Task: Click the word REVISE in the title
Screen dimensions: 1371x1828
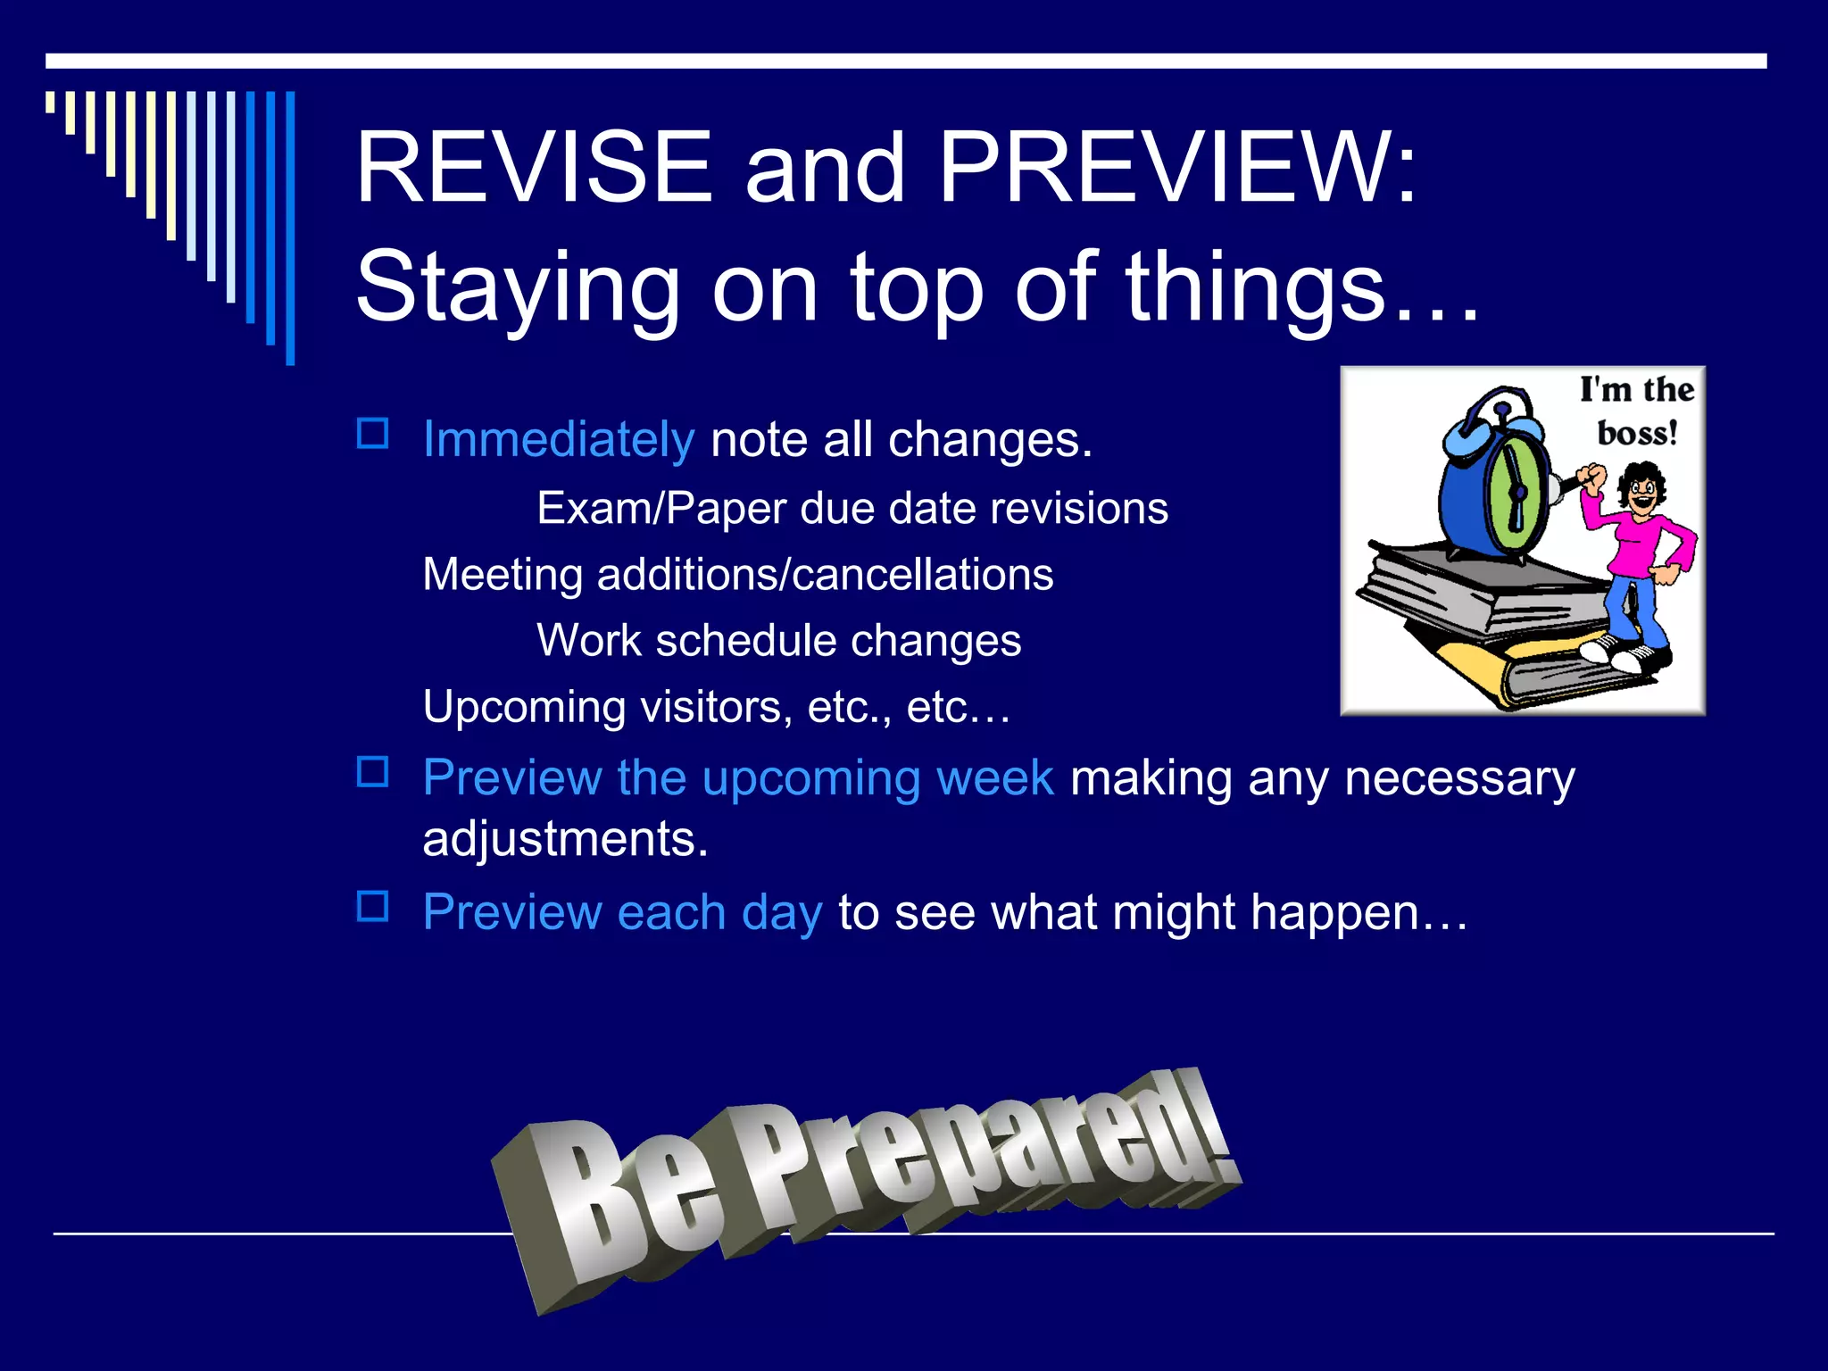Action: click(x=533, y=168)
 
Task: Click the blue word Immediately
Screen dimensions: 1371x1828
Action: click(x=558, y=440)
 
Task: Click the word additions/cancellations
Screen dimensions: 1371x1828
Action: click(x=825, y=575)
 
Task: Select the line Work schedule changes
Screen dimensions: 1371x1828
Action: click(x=778, y=641)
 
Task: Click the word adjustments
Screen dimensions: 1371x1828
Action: click(x=565, y=839)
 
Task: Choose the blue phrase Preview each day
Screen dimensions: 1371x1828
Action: click(x=622, y=913)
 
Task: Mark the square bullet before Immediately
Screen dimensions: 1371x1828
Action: click(x=372, y=435)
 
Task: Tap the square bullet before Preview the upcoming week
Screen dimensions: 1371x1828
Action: click(x=372, y=773)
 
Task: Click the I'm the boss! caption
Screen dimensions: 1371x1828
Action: click(x=1637, y=411)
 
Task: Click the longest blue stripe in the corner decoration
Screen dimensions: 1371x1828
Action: click(x=290, y=228)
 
